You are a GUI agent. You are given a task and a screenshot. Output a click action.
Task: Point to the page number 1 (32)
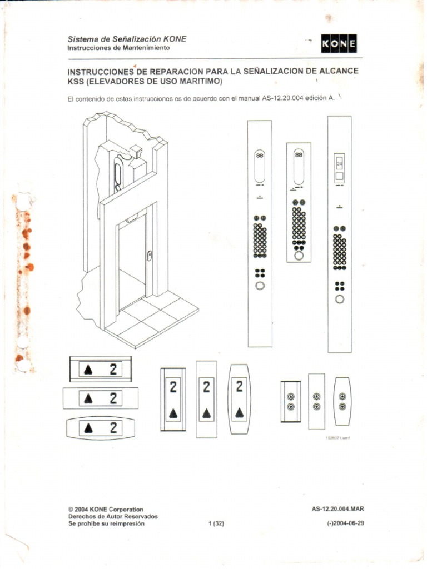click(215, 523)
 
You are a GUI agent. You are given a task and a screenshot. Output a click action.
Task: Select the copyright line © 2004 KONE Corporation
click(105, 509)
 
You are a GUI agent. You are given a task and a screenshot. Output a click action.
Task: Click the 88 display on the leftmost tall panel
click(260, 157)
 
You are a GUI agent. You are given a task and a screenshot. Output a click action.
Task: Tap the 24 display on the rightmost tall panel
click(339, 165)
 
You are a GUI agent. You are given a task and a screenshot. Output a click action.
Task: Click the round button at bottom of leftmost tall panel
click(260, 286)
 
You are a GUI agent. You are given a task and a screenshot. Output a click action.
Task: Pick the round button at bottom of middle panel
click(299, 257)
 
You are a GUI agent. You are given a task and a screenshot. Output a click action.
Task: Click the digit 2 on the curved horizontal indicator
click(114, 427)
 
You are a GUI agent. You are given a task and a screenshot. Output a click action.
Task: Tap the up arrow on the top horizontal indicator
click(88, 370)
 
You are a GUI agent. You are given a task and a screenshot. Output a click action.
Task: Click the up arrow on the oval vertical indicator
click(240, 412)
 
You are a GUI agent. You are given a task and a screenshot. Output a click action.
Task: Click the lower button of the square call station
click(290, 406)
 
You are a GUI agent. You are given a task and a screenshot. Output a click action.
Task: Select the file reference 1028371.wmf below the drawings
click(337, 438)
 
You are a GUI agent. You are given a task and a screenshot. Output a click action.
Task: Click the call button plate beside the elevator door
click(150, 256)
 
